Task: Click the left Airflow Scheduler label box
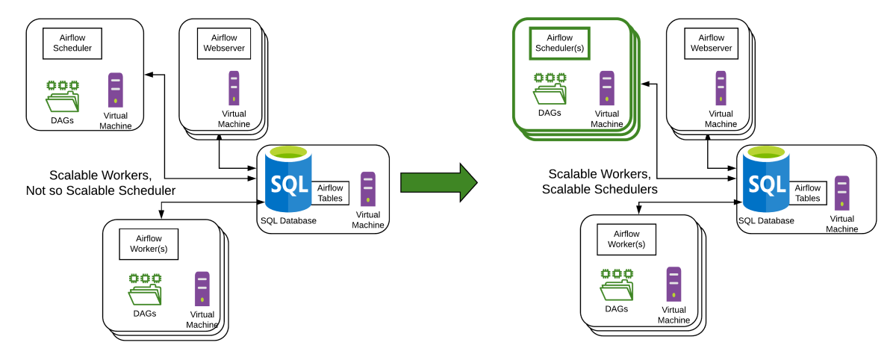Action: (x=72, y=43)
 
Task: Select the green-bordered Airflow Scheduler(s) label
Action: (x=559, y=43)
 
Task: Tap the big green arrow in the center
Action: (x=438, y=182)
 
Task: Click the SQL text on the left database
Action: (x=289, y=184)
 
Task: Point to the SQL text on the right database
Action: (x=767, y=184)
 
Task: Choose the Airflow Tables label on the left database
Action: (x=330, y=193)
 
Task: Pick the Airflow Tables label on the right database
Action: (x=807, y=193)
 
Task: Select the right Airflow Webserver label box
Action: (x=711, y=43)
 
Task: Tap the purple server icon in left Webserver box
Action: (x=234, y=87)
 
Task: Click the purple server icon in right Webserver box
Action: (x=721, y=87)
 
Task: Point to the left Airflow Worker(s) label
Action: (x=149, y=243)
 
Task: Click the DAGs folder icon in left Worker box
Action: (x=145, y=289)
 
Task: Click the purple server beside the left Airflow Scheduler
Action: (x=124, y=91)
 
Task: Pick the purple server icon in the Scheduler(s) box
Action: (x=607, y=88)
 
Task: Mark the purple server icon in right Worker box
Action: (x=673, y=284)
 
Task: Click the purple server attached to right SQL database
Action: (x=854, y=193)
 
